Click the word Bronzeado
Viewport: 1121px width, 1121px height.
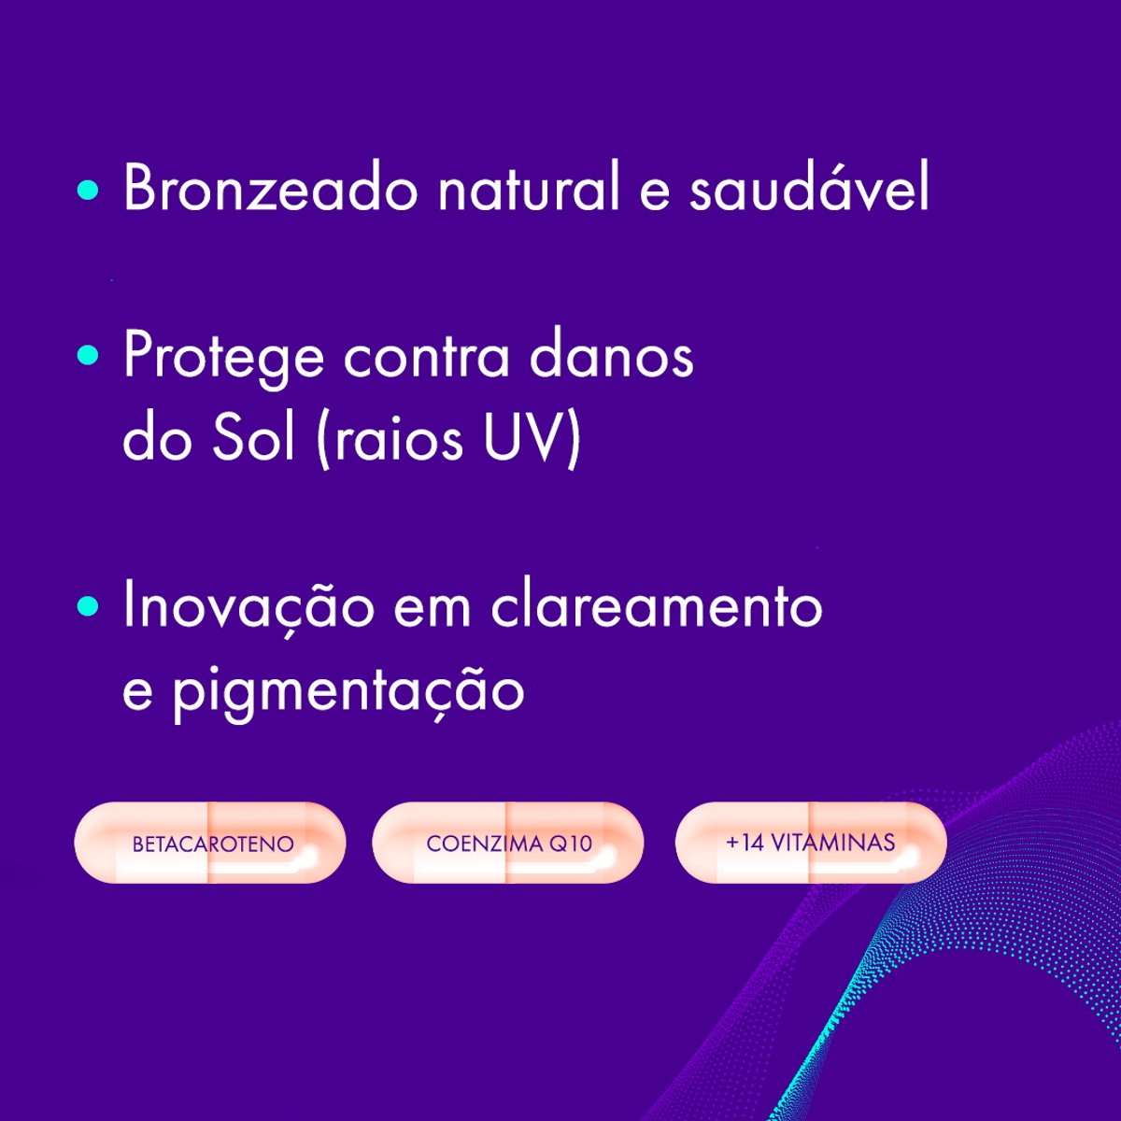270,189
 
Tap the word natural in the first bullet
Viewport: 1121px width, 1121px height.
529,189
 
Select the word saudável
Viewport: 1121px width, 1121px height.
809,189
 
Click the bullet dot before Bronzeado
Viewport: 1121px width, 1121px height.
88,191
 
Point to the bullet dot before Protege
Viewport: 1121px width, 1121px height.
88,356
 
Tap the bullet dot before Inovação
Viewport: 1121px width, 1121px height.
88,606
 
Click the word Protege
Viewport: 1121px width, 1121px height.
223,358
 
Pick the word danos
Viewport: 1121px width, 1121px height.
611,356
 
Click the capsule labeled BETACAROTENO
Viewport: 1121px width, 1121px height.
210,843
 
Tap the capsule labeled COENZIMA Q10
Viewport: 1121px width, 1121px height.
508,843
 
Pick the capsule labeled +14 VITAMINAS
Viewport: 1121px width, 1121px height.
810,842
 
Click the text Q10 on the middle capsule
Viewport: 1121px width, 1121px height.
571,844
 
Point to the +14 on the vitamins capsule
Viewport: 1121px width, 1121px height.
745,843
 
